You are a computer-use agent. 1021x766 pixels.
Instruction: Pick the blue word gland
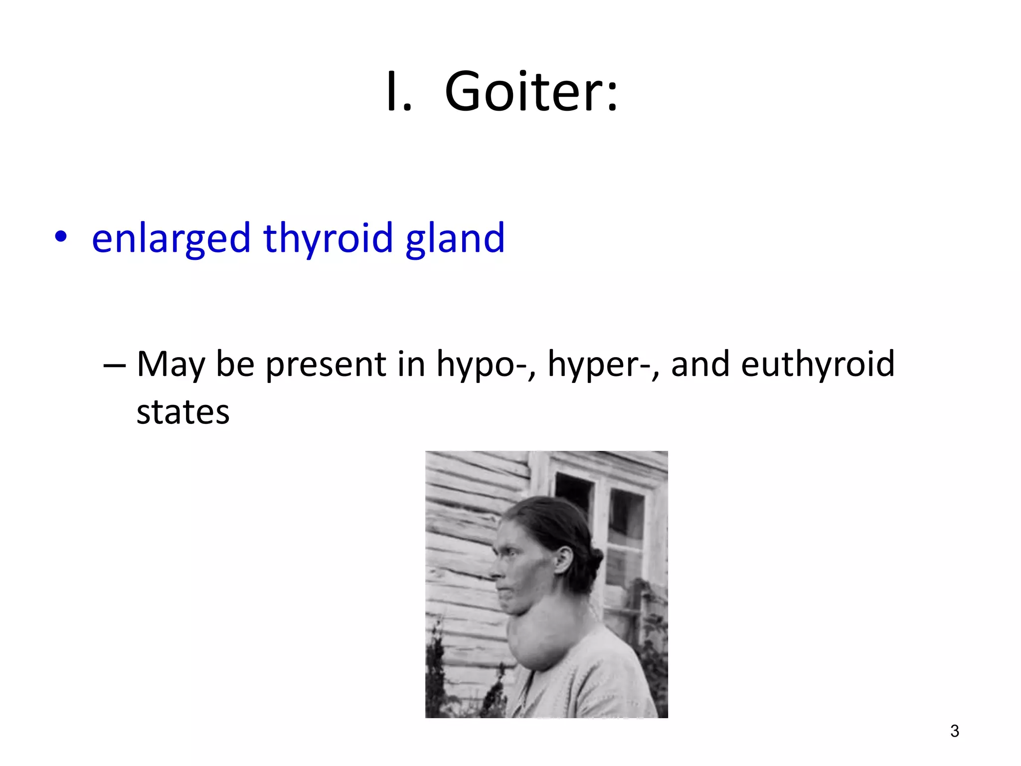click(455, 238)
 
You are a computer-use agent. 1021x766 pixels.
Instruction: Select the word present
click(326, 365)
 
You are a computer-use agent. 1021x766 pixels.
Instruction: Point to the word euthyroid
click(818, 365)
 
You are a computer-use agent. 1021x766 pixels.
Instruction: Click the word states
click(183, 412)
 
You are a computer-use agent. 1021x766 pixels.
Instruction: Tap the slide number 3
click(954, 731)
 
